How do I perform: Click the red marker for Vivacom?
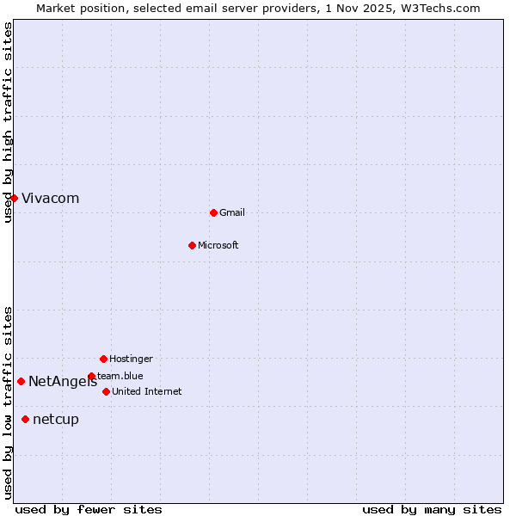(14, 198)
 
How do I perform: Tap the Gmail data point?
(213, 212)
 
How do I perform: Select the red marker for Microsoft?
(192, 245)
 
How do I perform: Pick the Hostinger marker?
(103, 359)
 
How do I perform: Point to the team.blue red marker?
(91, 376)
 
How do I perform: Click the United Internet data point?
(106, 391)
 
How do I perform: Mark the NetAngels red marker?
(21, 381)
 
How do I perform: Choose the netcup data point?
(25, 419)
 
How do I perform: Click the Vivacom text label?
(50, 199)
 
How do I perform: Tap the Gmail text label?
(232, 212)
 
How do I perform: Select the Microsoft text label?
(218, 245)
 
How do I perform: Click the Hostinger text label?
(131, 359)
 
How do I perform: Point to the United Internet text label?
(147, 391)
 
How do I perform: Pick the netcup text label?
(56, 420)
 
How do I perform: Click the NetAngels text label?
(63, 382)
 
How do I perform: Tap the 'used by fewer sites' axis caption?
(89, 509)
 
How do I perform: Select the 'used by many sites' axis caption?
(432, 509)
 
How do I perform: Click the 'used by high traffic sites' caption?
(8, 122)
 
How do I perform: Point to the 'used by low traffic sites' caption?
(8, 402)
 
